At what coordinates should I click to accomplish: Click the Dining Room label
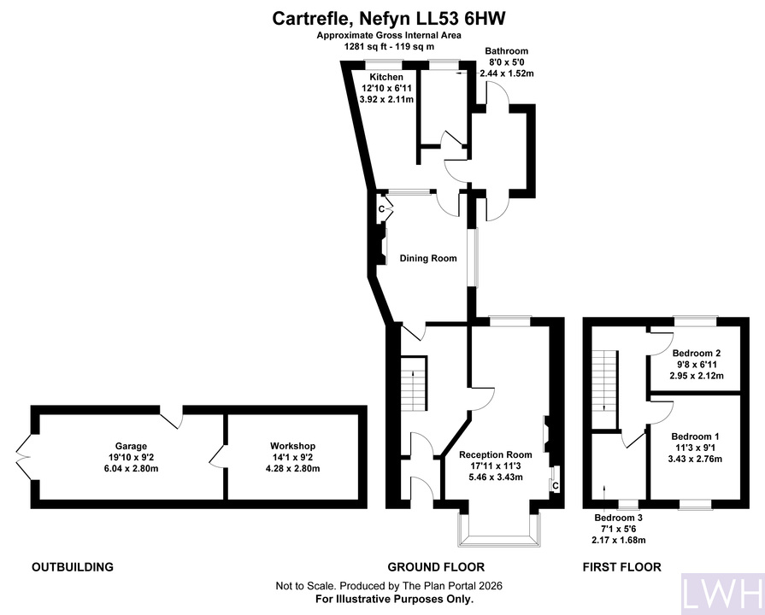click(428, 258)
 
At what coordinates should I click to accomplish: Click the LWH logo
click(722, 594)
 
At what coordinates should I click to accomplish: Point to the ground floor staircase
click(414, 384)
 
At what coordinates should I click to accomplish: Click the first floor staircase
click(604, 382)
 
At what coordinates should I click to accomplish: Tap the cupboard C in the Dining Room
click(382, 209)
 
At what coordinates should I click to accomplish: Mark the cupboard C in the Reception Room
click(556, 486)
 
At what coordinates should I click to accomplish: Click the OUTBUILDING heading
click(73, 566)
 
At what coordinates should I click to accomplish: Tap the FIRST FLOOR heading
click(622, 566)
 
